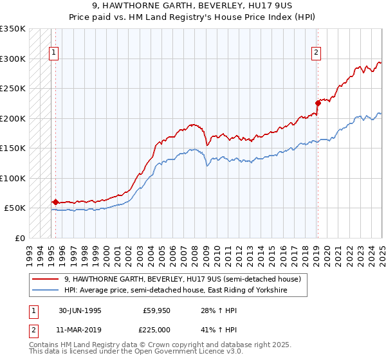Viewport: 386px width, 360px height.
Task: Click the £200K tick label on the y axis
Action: (13, 118)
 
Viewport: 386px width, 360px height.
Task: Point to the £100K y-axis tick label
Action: (13, 178)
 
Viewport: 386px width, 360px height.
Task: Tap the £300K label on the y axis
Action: (13, 59)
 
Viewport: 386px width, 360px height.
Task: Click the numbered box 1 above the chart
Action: (53, 53)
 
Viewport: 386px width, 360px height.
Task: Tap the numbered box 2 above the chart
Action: (317, 53)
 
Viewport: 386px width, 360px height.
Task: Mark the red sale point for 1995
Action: (55, 202)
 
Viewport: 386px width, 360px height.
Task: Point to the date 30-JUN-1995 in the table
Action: (80, 310)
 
